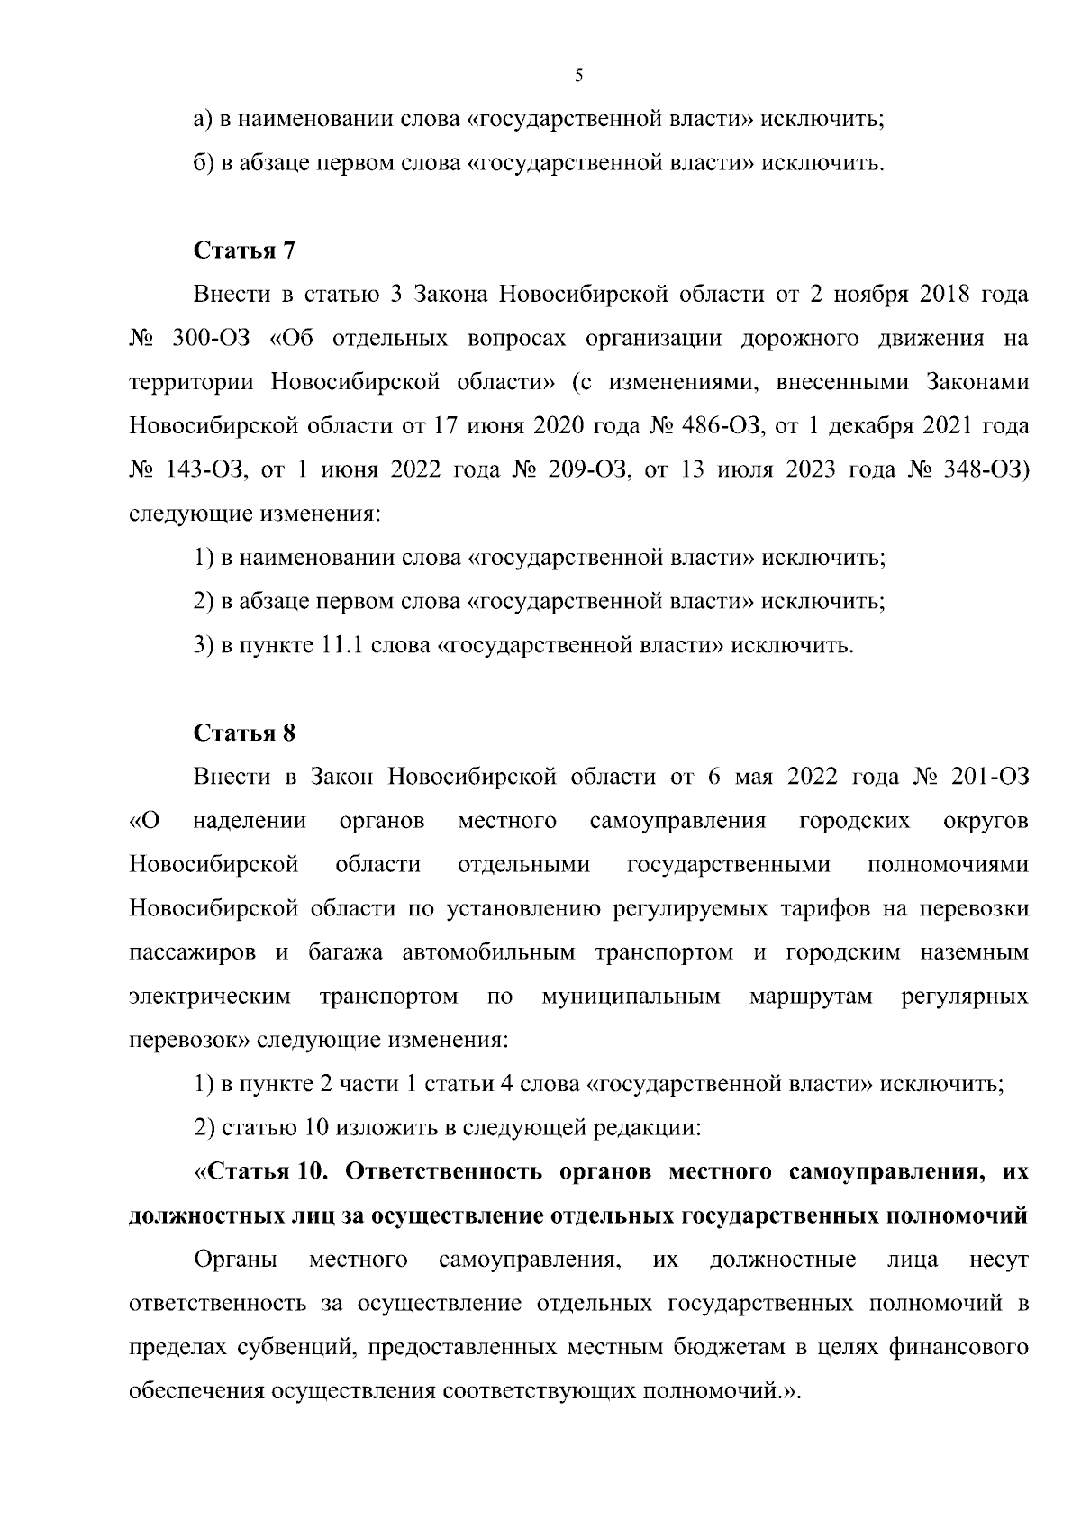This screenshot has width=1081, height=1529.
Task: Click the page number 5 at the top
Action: coord(578,77)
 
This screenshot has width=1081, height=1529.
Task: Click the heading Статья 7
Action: coord(244,250)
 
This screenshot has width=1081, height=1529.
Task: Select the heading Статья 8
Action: coord(244,733)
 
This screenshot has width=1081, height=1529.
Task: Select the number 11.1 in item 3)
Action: coord(341,645)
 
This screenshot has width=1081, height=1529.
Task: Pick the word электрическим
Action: coord(210,997)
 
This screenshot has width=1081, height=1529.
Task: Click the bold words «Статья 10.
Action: coord(264,1171)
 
